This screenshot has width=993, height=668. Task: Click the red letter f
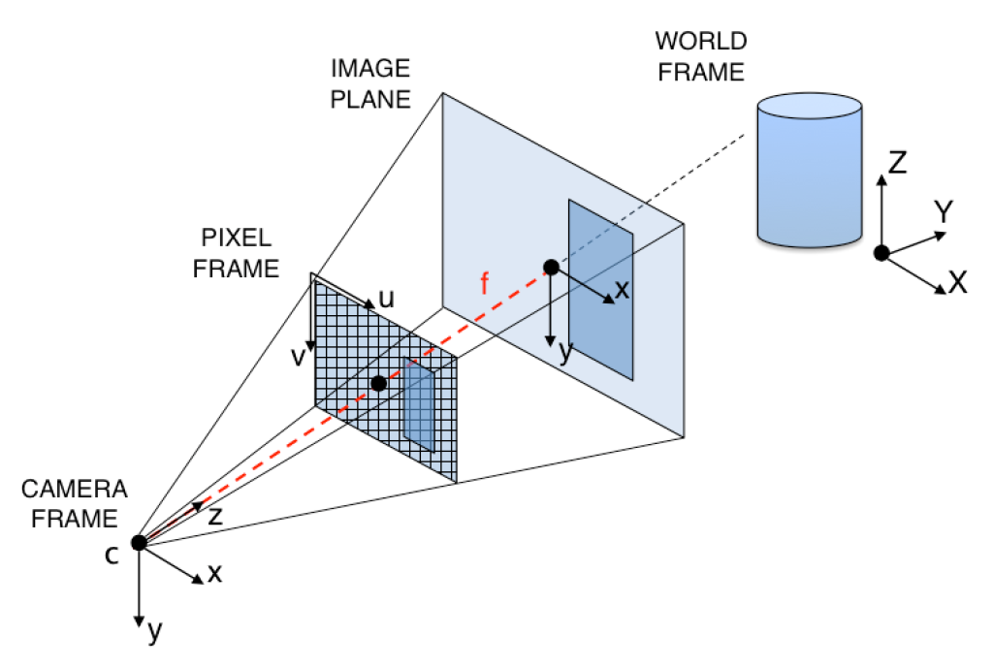(486, 284)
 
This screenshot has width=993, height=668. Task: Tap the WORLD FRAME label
(700, 56)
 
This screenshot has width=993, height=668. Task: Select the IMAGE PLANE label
(370, 83)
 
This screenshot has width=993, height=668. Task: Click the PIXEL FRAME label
(236, 253)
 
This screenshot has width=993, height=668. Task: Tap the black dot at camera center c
(139, 542)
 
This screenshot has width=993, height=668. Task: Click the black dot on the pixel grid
(378, 384)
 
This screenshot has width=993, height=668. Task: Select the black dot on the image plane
(551, 267)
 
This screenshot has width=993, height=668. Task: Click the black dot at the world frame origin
(881, 253)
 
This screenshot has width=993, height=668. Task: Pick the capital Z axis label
(897, 162)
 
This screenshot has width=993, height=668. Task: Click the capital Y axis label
(941, 210)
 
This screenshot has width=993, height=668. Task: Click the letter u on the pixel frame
(386, 300)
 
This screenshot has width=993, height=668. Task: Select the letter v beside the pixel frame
(299, 356)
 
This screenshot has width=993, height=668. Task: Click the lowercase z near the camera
(215, 515)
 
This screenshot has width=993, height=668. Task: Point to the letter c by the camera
(112, 555)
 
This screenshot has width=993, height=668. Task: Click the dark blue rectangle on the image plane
(600, 290)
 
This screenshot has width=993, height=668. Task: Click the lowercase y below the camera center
(154, 633)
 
